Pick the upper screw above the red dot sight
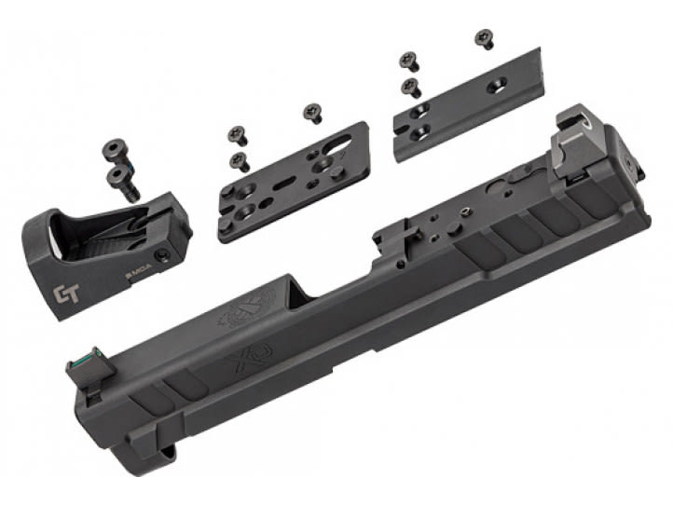pos(116,148)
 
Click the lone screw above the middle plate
pos(311,113)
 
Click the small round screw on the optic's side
pos(163,254)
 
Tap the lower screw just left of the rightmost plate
pos(408,89)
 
